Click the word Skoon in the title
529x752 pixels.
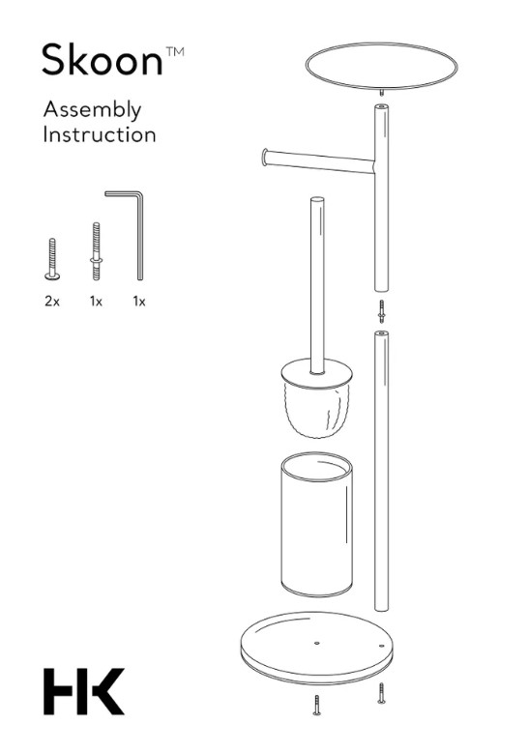coord(103,60)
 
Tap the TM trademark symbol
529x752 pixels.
coord(175,51)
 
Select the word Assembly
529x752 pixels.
coord(92,111)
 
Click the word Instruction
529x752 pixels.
coord(100,134)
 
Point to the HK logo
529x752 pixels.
coord(84,691)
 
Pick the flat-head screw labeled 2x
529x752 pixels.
coord(52,259)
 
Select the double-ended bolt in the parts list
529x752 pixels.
coord(96,251)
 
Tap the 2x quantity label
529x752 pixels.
coord(52,302)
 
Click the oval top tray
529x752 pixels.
coord(382,66)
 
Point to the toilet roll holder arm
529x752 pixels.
coord(318,161)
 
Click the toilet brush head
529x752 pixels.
coord(316,401)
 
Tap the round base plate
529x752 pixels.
coord(316,647)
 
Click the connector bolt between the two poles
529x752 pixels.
coord(382,311)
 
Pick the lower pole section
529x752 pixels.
coord(381,471)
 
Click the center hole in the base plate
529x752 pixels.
coord(317,642)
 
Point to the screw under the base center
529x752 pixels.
coord(317,705)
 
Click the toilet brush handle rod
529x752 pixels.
coord(317,285)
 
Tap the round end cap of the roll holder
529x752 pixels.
coord(265,158)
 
